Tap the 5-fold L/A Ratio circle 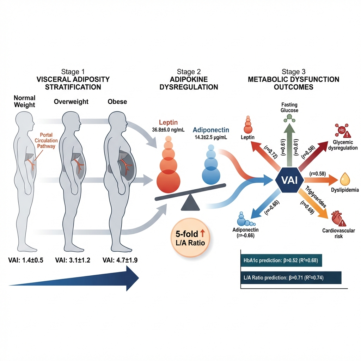pyautogui.click(x=190, y=238)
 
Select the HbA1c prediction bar pyautogui.click(x=281, y=261)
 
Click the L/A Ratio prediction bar pyautogui.click(x=291, y=277)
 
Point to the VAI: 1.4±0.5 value pyautogui.click(x=25, y=261)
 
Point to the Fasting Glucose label pyautogui.click(x=290, y=108)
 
